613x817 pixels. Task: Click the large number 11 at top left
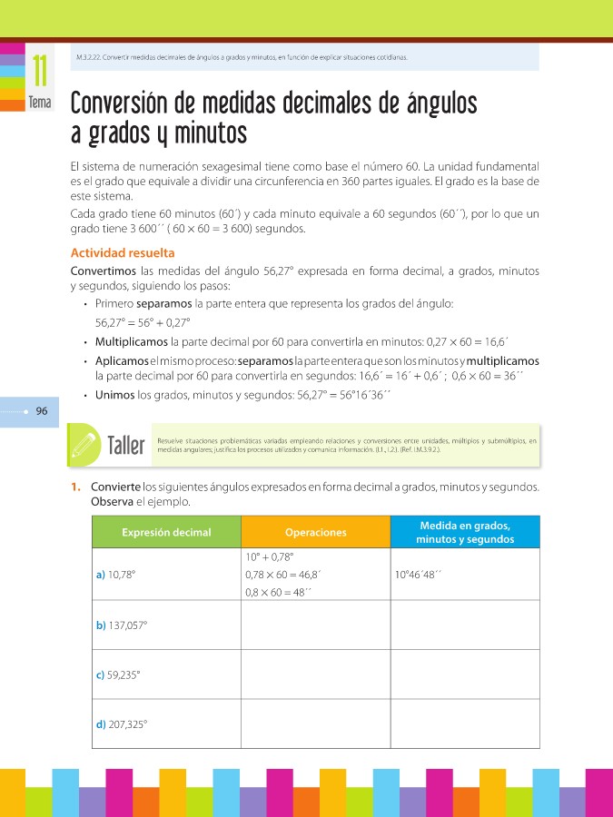(40, 72)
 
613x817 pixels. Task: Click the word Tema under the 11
(40, 103)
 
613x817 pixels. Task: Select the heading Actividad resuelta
(123, 253)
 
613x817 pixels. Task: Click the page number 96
(42, 411)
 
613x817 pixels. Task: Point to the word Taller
(126, 446)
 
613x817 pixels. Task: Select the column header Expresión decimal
(166, 533)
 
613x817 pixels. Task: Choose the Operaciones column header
(315, 533)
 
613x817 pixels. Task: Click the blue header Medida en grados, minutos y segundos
(465, 533)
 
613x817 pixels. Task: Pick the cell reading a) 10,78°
(122, 575)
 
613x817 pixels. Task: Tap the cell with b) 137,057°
(122, 625)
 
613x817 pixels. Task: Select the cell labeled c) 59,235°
(118, 674)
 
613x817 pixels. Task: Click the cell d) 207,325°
(122, 723)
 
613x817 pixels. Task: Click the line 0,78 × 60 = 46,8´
(284, 575)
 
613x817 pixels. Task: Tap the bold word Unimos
(115, 395)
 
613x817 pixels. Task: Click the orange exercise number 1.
(77, 487)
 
